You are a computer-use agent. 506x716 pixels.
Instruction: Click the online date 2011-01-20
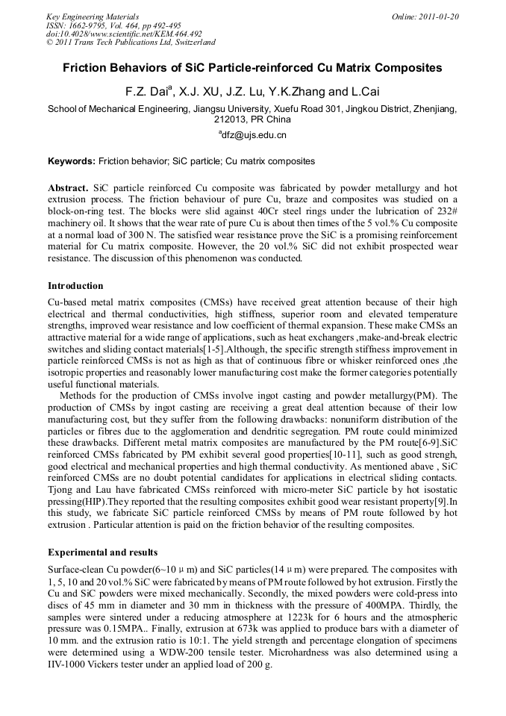point(436,16)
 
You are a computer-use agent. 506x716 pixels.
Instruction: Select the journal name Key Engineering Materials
point(93,16)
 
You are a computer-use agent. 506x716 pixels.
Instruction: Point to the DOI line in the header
point(124,34)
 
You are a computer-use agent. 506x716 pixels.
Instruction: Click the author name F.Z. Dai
point(146,92)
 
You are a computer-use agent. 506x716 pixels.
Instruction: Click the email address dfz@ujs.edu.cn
point(254,135)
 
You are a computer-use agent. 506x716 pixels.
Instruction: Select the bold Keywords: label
point(72,161)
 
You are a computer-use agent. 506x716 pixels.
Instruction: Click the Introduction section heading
point(75,286)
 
